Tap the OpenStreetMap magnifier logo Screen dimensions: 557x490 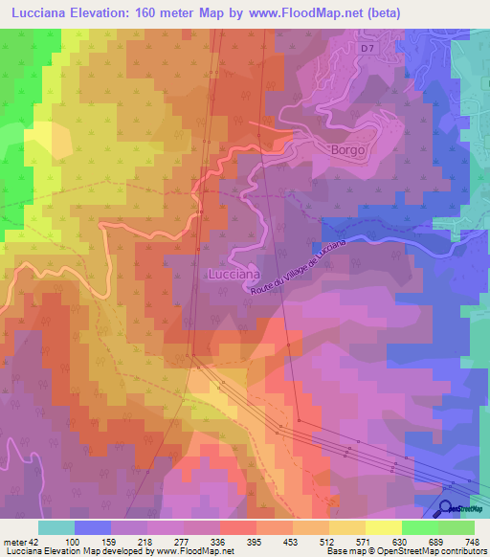[445, 510]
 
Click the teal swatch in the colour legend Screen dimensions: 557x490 [56, 527]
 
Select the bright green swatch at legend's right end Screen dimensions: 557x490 [457, 527]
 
